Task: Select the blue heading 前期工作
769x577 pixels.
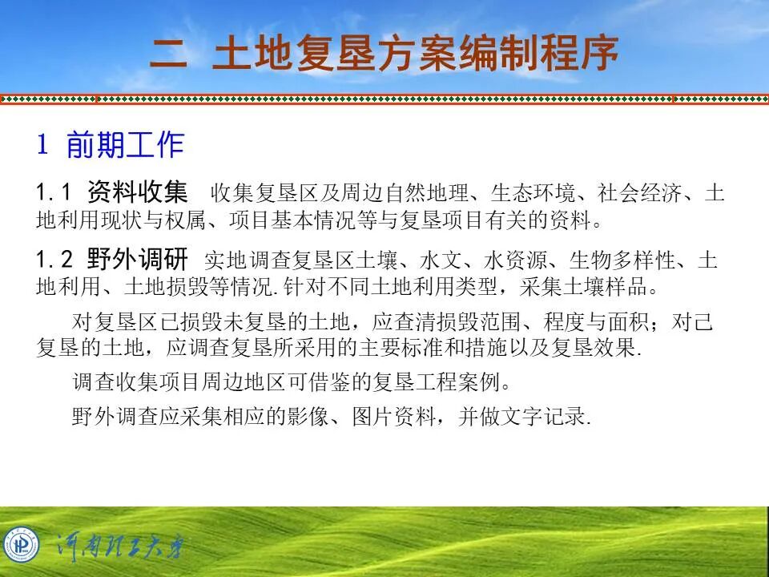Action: pos(125,145)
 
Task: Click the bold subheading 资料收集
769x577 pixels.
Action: pos(138,192)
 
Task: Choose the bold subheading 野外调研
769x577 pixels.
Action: pos(138,259)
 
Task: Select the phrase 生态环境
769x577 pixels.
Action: pos(533,194)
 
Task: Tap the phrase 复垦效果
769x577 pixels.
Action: pos(605,349)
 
